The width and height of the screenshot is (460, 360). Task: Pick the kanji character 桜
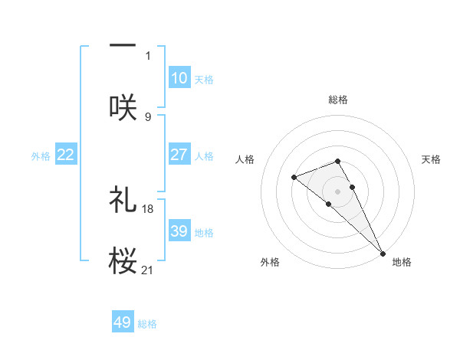(123, 260)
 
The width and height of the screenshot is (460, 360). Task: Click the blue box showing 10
(179, 78)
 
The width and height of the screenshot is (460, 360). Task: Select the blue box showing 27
(179, 155)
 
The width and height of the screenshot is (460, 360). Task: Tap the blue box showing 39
(179, 231)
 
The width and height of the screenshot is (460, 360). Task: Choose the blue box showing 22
(66, 155)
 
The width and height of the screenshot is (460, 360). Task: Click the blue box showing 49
(123, 322)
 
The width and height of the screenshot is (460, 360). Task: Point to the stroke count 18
(149, 208)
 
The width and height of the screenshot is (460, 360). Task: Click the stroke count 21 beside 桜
(148, 270)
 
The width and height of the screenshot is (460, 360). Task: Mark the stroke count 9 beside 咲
(148, 116)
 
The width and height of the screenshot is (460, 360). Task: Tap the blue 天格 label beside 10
(204, 79)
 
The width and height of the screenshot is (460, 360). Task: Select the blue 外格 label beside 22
(41, 155)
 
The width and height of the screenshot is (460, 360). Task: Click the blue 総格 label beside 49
(147, 323)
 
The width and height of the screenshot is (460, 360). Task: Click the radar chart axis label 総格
(338, 100)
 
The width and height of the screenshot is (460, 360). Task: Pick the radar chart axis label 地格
(402, 262)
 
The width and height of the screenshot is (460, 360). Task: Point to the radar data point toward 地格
(383, 253)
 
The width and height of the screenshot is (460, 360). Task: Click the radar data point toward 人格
(294, 178)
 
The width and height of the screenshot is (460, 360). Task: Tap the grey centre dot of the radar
(338, 191)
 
